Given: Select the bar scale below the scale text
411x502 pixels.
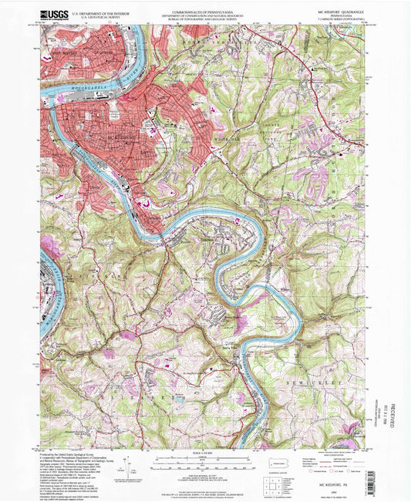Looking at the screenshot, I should click(204, 459).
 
